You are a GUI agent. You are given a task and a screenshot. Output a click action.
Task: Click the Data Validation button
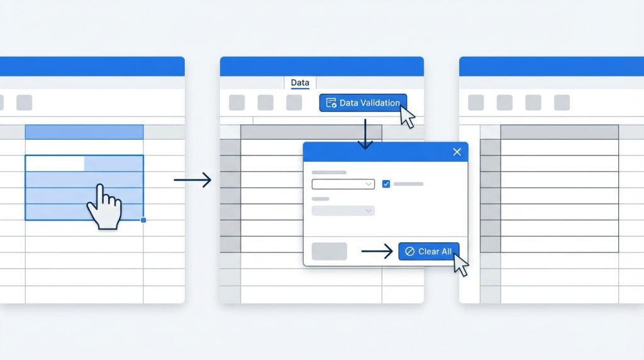(x=363, y=103)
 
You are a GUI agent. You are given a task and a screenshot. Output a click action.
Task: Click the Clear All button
(x=429, y=252)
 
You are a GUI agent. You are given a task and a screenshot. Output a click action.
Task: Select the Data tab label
(x=300, y=82)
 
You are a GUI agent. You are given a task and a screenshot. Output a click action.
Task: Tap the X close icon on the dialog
(x=457, y=152)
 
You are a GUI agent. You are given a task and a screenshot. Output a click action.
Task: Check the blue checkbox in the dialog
(x=386, y=184)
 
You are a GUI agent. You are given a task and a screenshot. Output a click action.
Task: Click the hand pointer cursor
(x=105, y=206)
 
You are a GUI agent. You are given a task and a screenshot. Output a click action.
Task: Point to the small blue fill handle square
(x=143, y=220)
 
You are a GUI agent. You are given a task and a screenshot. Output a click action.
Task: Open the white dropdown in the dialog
(x=343, y=184)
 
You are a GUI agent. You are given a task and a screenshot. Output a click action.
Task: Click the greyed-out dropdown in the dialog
(x=343, y=211)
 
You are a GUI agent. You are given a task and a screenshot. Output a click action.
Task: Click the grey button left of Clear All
(x=329, y=252)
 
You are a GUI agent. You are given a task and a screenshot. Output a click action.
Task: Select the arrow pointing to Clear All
(x=377, y=252)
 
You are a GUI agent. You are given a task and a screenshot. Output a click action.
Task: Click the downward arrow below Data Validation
(x=365, y=134)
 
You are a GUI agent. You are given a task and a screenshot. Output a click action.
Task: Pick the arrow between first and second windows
(x=192, y=180)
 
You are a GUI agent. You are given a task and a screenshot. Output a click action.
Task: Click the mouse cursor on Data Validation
(x=406, y=116)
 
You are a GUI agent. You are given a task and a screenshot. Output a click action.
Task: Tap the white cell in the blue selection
(x=55, y=164)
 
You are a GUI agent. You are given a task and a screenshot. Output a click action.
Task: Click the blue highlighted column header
(x=84, y=132)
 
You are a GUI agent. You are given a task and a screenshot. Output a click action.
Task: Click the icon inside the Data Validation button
(x=331, y=103)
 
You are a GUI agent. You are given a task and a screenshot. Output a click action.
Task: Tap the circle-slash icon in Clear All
(x=409, y=252)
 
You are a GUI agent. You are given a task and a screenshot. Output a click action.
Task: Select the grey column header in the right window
(x=559, y=132)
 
